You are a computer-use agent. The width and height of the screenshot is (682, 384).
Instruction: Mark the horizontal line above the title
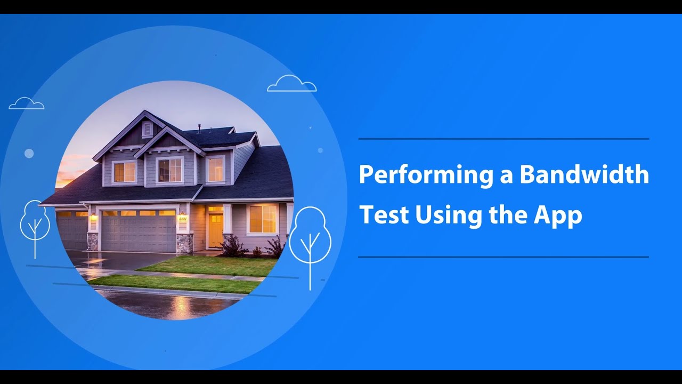[504, 139]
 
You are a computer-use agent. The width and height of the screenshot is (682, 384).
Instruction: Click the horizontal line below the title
[504, 257]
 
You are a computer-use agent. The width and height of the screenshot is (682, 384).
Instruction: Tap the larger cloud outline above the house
[291, 84]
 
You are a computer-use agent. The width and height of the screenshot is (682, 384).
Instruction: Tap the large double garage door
[139, 232]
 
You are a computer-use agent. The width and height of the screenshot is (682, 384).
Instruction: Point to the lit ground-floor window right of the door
[263, 219]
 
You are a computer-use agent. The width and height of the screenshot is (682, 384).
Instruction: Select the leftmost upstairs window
[125, 172]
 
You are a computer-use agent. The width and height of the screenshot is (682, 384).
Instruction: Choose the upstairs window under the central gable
[169, 170]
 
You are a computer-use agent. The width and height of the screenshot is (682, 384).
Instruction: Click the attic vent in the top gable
[147, 129]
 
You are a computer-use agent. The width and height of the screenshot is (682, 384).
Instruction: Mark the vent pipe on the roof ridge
[199, 129]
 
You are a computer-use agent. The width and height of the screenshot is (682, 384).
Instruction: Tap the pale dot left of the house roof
[29, 154]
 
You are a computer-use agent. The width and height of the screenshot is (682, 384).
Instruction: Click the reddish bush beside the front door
[232, 246]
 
